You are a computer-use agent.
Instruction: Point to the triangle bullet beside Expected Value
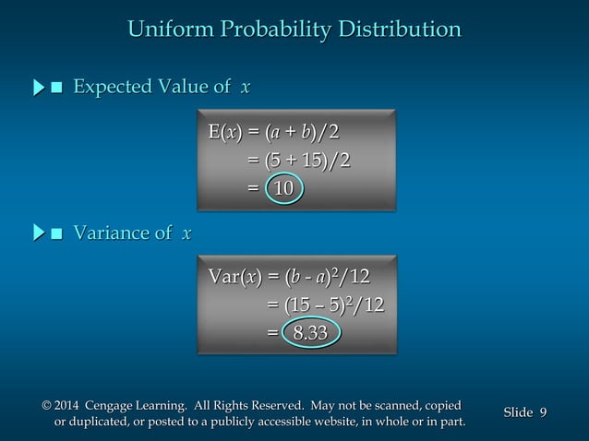pyautogui.click(x=39, y=89)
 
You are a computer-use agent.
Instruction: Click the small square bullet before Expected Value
pyautogui.click(x=57, y=89)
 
